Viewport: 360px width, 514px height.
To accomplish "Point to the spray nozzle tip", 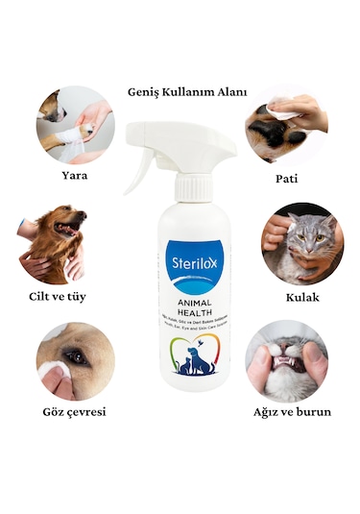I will pyautogui.click(x=228, y=144).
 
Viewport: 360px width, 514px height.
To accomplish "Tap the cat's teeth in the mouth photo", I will pyautogui.click(x=290, y=363).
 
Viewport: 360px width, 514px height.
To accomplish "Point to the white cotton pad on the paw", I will pyautogui.click(x=286, y=112).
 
